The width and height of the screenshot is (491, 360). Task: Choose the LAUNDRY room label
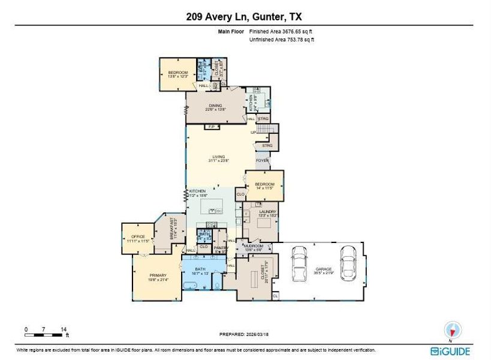(267, 211)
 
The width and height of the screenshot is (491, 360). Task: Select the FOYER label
(262, 160)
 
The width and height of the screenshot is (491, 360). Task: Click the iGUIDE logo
(450, 351)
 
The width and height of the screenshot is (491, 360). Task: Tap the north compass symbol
(453, 331)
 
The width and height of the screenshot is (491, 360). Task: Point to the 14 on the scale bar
(64, 329)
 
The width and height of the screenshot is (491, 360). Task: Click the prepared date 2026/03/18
(255, 334)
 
